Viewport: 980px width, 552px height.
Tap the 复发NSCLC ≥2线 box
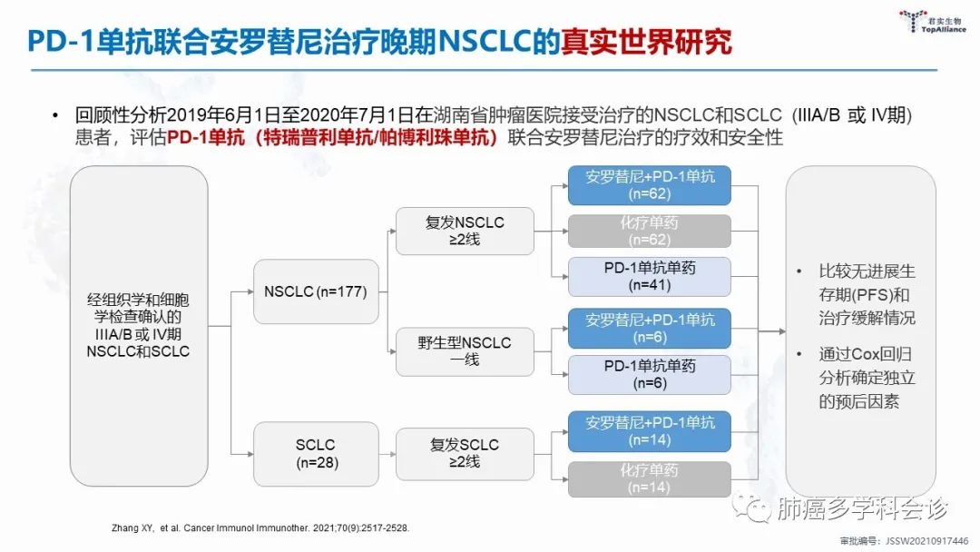click(465, 231)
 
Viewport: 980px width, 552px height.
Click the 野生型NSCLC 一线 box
click(465, 351)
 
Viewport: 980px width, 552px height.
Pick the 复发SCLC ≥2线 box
click(465, 453)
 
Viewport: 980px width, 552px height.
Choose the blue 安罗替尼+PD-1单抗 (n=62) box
click(649, 185)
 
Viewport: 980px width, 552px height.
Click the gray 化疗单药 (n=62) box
click(649, 232)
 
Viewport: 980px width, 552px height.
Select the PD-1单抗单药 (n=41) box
click(649, 277)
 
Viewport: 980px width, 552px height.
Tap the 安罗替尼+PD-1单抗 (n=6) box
click(649, 329)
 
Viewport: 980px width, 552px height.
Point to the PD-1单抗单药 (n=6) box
click(649, 374)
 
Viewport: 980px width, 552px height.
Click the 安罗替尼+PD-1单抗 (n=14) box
click(649, 431)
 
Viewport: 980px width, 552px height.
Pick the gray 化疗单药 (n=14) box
click(649, 478)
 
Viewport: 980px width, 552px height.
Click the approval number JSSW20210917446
click(916, 541)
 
